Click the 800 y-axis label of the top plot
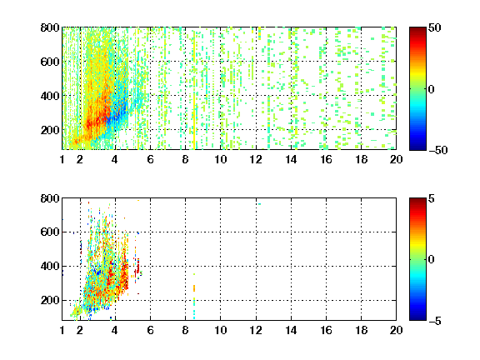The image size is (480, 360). [x=50, y=27]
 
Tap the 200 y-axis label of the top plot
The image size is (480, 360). [x=50, y=130]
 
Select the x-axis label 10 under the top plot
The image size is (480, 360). [x=220, y=159]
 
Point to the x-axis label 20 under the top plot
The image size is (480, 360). [x=396, y=159]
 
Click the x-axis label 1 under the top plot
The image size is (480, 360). [x=62, y=159]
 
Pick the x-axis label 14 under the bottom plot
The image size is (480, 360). [x=291, y=330]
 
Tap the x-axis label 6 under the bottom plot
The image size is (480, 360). [x=150, y=330]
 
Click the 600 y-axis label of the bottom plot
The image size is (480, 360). [x=50, y=232]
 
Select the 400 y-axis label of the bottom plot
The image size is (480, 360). [x=50, y=266]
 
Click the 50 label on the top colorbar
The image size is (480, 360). [x=435, y=27]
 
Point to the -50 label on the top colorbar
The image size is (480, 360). [x=438, y=150]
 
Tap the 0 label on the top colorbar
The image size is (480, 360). [x=432, y=89]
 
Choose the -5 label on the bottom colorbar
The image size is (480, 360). [x=435, y=321]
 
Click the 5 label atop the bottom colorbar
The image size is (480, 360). [x=432, y=198]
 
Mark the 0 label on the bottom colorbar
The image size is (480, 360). [x=432, y=260]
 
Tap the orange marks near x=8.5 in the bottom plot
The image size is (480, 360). [x=194, y=288]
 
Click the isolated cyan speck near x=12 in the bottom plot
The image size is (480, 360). [x=259, y=204]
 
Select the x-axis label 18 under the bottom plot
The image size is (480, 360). [x=361, y=330]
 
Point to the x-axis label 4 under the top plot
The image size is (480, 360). [x=115, y=159]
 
